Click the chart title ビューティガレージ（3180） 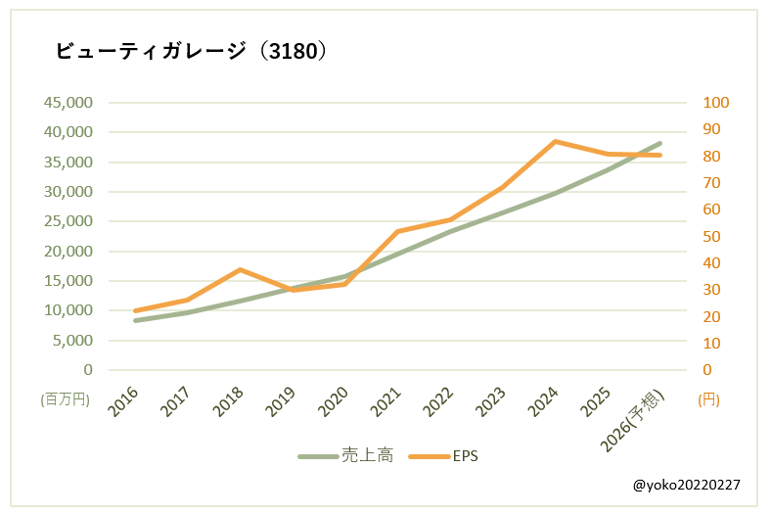pyautogui.click(x=191, y=51)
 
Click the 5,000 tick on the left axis pyautogui.click(x=72, y=341)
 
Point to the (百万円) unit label pyautogui.click(x=65, y=399)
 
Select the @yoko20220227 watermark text pyautogui.click(x=686, y=485)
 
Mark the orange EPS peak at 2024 pyautogui.click(x=555, y=141)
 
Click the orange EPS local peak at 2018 pyautogui.click(x=240, y=269)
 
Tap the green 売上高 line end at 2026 pyautogui.click(x=659, y=143)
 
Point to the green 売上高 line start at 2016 pyautogui.click(x=135, y=320)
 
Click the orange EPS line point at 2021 pyautogui.click(x=397, y=231)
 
